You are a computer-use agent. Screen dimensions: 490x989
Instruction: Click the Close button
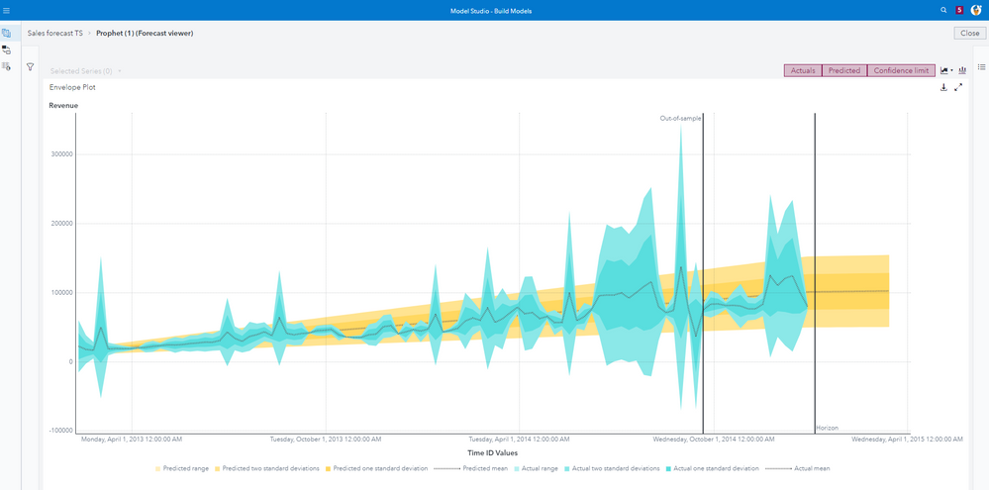pyautogui.click(x=970, y=33)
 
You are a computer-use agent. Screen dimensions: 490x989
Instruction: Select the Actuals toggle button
pyautogui.click(x=803, y=71)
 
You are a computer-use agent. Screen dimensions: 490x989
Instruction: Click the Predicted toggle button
pyautogui.click(x=844, y=71)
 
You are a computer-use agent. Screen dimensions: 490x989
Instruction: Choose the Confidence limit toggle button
pyautogui.click(x=901, y=71)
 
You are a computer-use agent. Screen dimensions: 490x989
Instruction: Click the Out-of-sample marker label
pyautogui.click(x=680, y=118)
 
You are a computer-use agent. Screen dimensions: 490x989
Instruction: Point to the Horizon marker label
pyautogui.click(x=827, y=428)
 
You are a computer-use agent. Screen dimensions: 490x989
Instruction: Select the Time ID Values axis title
pyautogui.click(x=493, y=452)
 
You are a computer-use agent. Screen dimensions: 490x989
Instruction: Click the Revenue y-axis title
pyautogui.click(x=63, y=105)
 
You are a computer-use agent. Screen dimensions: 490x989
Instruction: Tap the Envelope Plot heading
pyautogui.click(x=72, y=87)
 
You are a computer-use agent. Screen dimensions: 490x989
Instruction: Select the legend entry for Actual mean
pyautogui.click(x=807, y=468)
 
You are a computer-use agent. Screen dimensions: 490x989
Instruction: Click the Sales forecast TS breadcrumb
pyautogui.click(x=55, y=33)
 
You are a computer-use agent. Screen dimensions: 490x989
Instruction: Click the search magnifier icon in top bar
pyautogui.click(x=943, y=9)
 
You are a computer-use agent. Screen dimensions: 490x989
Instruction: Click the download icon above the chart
pyautogui.click(x=943, y=87)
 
